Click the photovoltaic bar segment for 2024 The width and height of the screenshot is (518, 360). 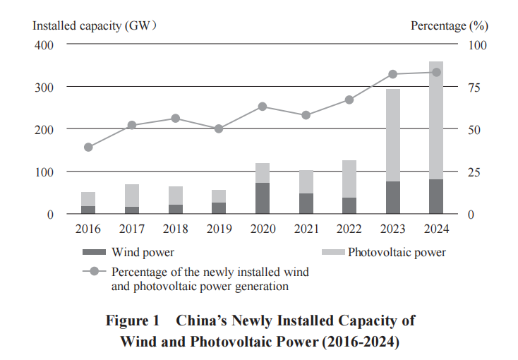pyautogui.click(x=436, y=120)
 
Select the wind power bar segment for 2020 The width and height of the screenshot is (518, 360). pyautogui.click(x=263, y=198)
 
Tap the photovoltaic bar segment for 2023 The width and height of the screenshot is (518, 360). pyautogui.click(x=392, y=135)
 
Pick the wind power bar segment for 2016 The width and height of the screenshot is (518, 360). pyautogui.click(x=88, y=210)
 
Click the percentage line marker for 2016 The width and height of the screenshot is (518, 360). pyautogui.click(x=88, y=148)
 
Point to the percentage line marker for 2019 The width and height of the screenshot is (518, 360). pyautogui.click(x=219, y=128)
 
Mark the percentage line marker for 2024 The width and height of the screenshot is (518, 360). pyautogui.click(x=436, y=72)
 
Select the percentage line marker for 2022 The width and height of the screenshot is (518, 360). pyautogui.click(x=349, y=100)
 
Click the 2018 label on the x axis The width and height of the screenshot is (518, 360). pyautogui.click(x=175, y=229)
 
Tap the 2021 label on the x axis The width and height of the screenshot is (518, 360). pyautogui.click(x=306, y=229)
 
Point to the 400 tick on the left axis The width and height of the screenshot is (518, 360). pyautogui.click(x=44, y=44)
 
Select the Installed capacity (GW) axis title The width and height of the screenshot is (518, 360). pyautogui.click(x=94, y=26)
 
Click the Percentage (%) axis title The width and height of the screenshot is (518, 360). pyautogui.click(x=450, y=26)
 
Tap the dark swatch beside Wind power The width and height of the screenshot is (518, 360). pyautogui.click(x=94, y=252)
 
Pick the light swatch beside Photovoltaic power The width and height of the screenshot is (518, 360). pyautogui.click(x=332, y=252)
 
